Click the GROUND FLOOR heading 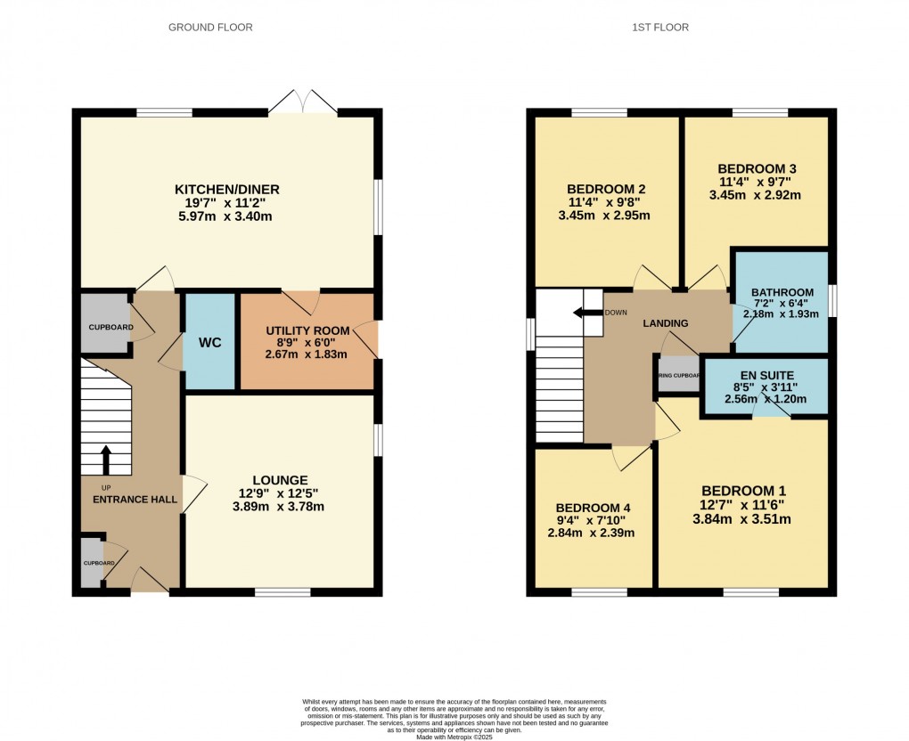[x=210, y=28]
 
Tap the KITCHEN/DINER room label [x=226, y=189]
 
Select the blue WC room [x=209, y=342]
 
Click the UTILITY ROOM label [x=306, y=331]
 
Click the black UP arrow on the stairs [x=106, y=460]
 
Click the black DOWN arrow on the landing [x=586, y=313]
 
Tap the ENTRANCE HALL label [x=135, y=499]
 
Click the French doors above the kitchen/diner [x=303, y=102]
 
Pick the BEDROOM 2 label [x=606, y=189]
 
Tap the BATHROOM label [x=782, y=292]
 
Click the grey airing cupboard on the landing [x=679, y=375]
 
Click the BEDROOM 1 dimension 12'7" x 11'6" [x=743, y=506]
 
